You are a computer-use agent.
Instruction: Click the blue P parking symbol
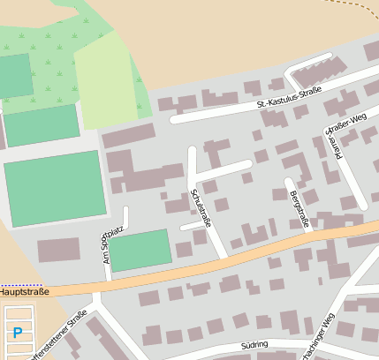pos(18,333)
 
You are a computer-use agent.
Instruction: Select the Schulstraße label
pos(200,207)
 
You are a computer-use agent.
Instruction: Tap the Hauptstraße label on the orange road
pos(24,290)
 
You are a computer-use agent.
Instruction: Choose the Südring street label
pos(254,347)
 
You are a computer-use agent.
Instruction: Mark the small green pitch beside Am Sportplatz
pos(139,250)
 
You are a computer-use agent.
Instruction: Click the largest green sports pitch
pos(55,188)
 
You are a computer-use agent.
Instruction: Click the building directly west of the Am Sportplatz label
pos(57,250)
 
